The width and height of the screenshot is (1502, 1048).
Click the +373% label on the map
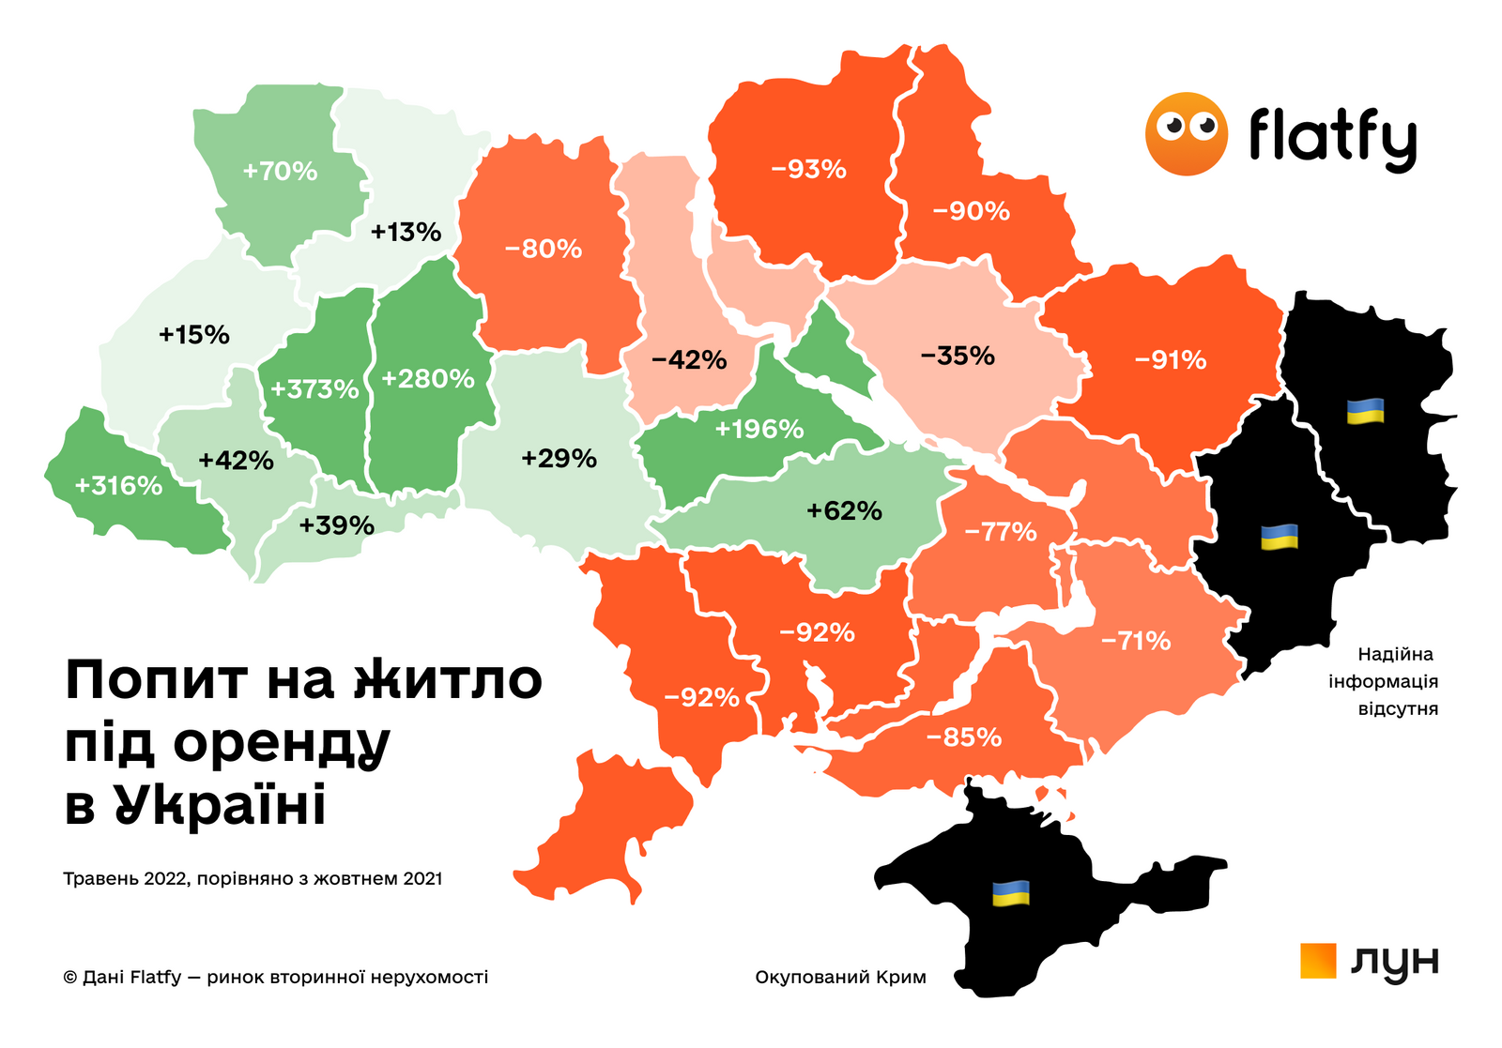(314, 388)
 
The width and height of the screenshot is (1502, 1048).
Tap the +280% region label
(428, 379)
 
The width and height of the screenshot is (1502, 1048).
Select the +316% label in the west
(118, 486)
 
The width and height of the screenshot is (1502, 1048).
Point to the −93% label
(808, 170)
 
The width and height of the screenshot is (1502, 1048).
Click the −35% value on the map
(958, 357)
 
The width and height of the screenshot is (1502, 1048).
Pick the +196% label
(759, 430)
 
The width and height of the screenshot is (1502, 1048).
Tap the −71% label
(1136, 642)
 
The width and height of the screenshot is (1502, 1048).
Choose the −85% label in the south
(964, 737)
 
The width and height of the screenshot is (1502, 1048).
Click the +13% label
(406, 232)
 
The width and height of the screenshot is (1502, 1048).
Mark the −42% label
(689, 360)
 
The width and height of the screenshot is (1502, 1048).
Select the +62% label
(844, 511)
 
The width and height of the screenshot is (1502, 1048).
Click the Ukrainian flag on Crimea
(1011, 893)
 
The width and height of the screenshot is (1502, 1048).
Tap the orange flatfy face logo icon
(1186, 134)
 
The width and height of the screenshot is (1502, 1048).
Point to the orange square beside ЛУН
(1318, 961)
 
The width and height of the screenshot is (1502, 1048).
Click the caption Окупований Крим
(840, 978)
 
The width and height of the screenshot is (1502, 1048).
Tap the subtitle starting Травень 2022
(253, 879)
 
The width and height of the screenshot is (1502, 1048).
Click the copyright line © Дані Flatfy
(275, 978)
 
